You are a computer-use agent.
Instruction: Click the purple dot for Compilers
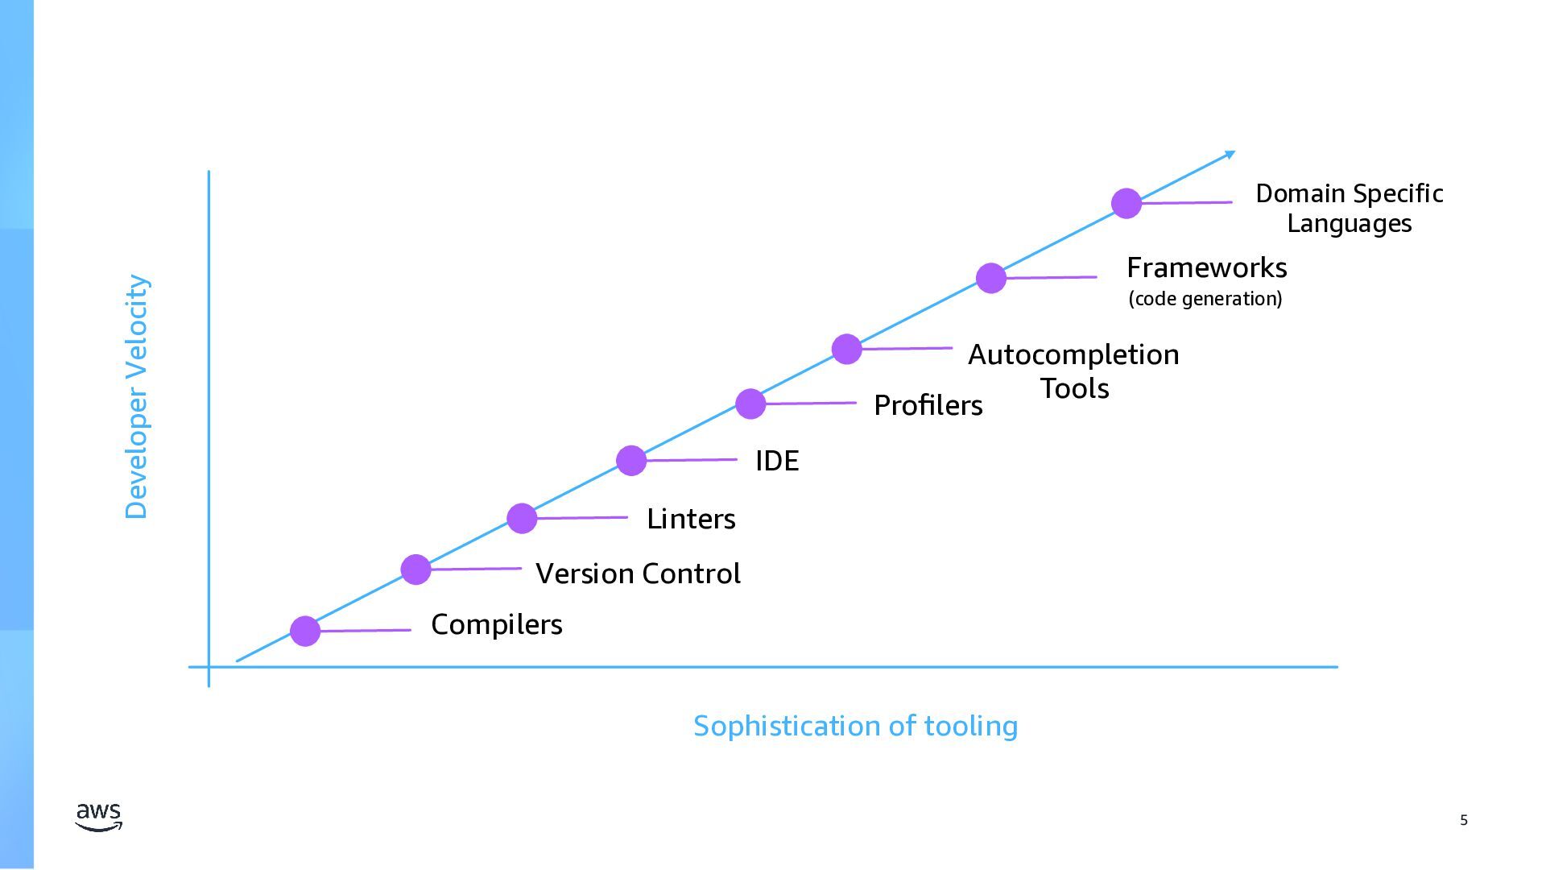pos(305,631)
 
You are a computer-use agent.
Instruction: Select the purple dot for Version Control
pos(415,570)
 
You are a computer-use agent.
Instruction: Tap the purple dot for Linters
pos(522,518)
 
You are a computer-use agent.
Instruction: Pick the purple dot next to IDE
pos(631,460)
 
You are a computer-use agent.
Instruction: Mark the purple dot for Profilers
pos(750,404)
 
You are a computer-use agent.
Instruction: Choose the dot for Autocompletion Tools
pos(846,349)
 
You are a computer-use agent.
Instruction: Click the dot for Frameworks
pos(991,278)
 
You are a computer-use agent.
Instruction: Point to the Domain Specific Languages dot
pos(1126,203)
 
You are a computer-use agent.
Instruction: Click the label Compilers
pos(496,624)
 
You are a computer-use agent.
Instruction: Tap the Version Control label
pos(638,574)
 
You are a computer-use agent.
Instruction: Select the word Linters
pos(691,519)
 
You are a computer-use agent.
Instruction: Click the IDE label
pos(777,461)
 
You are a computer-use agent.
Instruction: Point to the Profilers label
pos(928,405)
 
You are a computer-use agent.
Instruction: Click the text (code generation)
pos(1205,299)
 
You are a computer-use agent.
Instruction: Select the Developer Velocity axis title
pos(137,397)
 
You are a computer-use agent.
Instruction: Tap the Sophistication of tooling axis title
pos(855,726)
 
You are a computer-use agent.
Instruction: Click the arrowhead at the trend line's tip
pos(1230,154)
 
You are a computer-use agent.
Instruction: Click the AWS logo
pos(99,816)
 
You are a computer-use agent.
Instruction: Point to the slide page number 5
pos(1464,820)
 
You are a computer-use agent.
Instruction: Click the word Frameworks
pos(1206,267)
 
